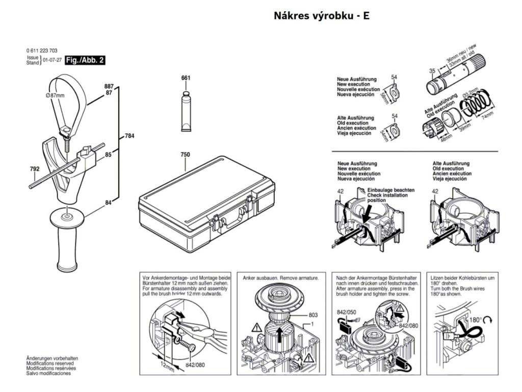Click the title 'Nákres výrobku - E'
tap(321, 16)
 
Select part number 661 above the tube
tap(186, 78)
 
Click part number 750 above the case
tap(185, 154)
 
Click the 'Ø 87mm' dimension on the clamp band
tap(55, 95)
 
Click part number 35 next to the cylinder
tap(432, 70)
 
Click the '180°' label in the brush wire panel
tap(476, 320)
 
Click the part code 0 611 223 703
tap(41, 51)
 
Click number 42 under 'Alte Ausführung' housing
tap(435, 191)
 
